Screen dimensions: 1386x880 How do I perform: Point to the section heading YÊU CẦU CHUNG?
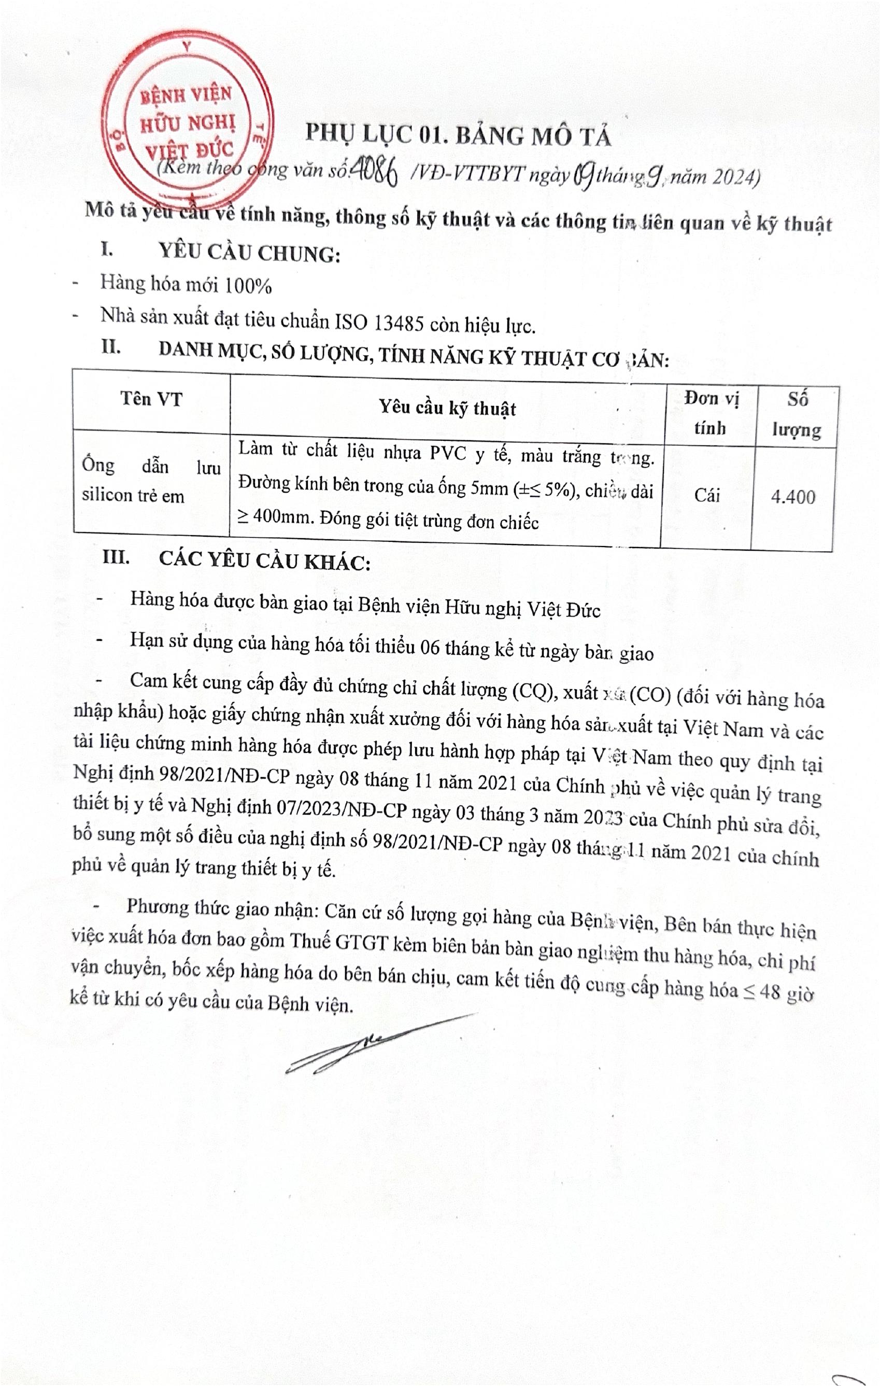tap(249, 254)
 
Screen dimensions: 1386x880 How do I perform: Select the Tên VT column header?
tap(151, 399)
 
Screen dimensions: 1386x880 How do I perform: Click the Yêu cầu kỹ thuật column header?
tap(447, 408)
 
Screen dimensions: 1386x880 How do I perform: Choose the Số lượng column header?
tap(797, 414)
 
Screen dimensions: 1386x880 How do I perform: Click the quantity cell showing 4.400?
tap(792, 496)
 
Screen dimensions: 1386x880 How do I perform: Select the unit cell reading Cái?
tap(707, 495)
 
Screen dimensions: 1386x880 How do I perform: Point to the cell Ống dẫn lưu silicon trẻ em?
tap(150, 480)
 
